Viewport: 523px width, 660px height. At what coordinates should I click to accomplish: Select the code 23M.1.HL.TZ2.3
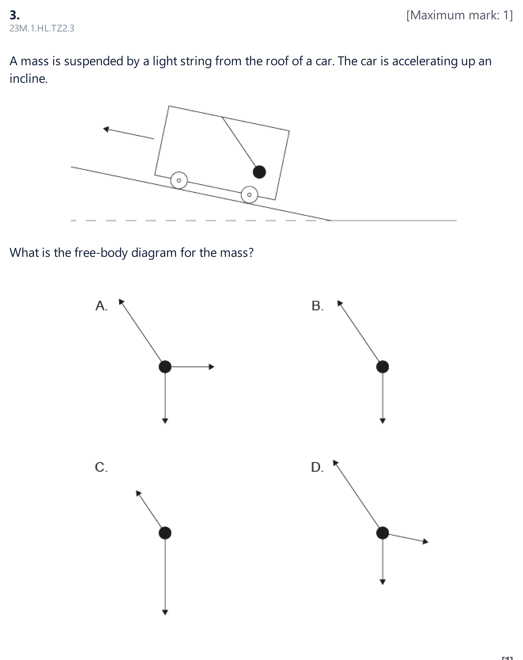click(x=42, y=29)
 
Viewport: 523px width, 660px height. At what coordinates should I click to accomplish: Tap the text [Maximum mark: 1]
click(x=459, y=15)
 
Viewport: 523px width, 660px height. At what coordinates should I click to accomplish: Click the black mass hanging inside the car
click(x=259, y=172)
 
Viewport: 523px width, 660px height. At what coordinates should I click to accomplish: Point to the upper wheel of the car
click(x=179, y=180)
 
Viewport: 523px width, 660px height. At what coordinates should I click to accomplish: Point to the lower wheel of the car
click(x=250, y=195)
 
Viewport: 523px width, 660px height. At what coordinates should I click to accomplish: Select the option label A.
click(x=101, y=306)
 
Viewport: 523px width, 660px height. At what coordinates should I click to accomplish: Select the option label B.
click(x=318, y=306)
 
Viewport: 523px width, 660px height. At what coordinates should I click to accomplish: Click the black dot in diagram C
click(x=165, y=533)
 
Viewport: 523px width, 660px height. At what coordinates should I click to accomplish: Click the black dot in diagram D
click(x=382, y=533)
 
